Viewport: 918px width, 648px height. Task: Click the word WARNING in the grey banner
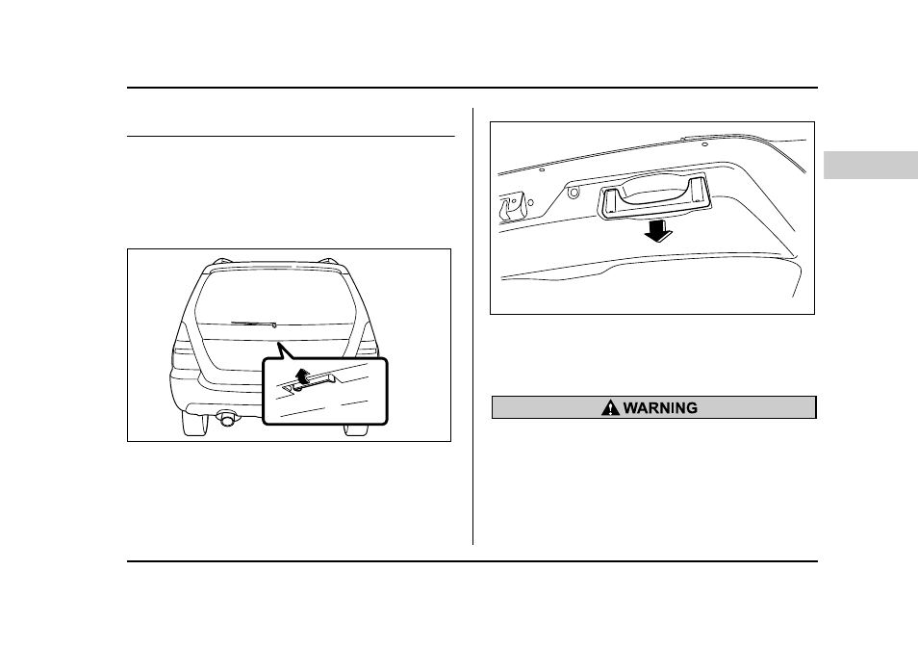(x=660, y=408)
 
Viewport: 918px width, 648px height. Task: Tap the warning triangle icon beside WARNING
(x=610, y=407)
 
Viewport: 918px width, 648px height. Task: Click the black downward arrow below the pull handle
(x=658, y=230)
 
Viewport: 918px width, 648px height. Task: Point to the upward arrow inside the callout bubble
(x=301, y=375)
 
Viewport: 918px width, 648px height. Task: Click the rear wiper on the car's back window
(x=253, y=323)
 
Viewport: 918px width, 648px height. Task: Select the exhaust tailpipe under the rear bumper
(x=225, y=418)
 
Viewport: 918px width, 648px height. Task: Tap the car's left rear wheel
(x=193, y=423)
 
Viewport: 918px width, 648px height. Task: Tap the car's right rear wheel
(x=357, y=429)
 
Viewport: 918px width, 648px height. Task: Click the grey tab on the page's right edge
(x=871, y=165)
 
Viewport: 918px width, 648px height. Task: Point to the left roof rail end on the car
(x=219, y=261)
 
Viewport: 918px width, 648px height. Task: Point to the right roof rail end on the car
(x=331, y=261)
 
